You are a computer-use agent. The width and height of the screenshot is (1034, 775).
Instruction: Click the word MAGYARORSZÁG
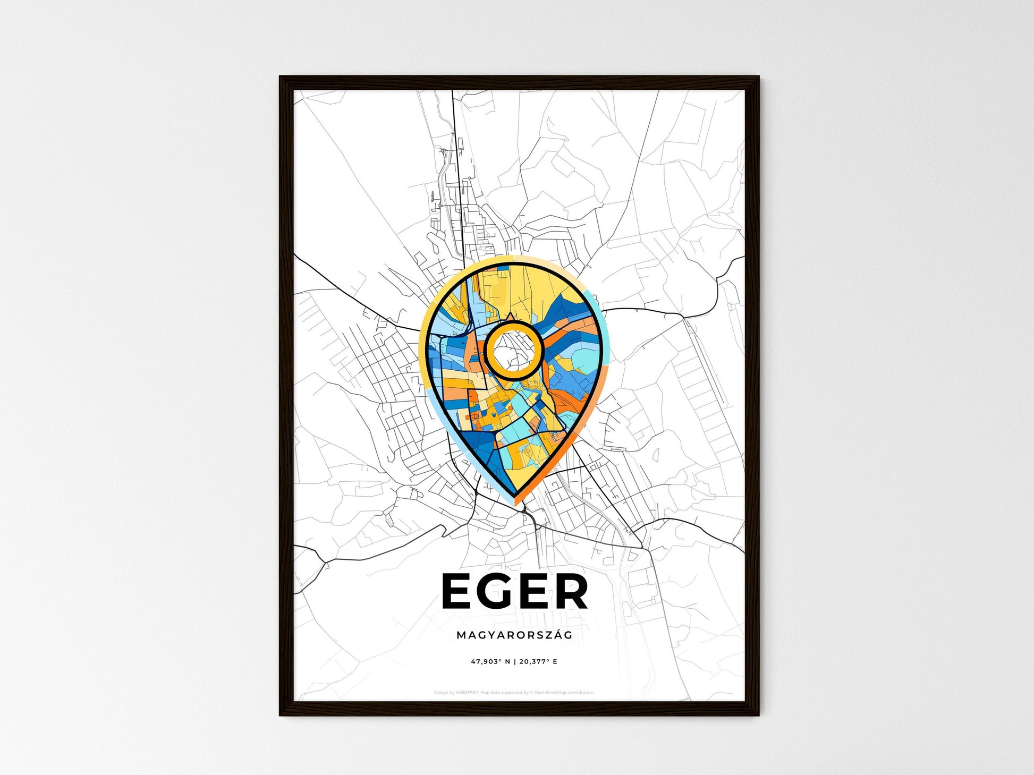(x=514, y=635)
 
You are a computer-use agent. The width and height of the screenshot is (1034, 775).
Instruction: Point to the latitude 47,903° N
(x=490, y=662)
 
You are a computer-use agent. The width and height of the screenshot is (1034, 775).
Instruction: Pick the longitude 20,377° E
(x=538, y=662)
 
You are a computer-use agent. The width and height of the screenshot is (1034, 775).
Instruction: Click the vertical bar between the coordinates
(x=514, y=662)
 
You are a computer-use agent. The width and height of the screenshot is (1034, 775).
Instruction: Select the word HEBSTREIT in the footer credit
(x=468, y=693)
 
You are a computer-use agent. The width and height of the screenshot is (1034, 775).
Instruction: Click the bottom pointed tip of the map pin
(x=514, y=497)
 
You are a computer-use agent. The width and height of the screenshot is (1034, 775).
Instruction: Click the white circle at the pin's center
(x=514, y=350)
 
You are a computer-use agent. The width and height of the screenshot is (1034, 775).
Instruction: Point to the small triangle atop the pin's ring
(x=510, y=317)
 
